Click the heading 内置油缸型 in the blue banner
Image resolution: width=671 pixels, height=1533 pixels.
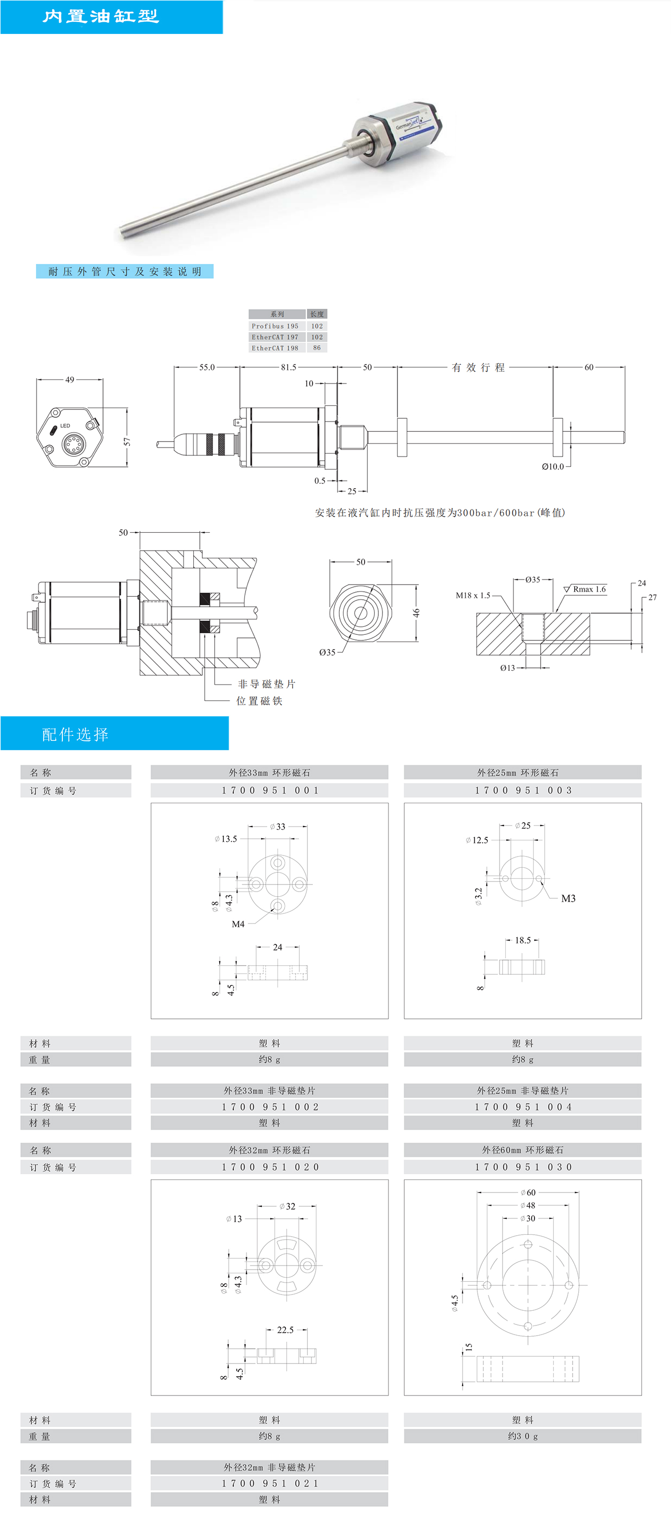click(100, 16)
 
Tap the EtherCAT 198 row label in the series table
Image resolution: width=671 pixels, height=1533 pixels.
click(275, 348)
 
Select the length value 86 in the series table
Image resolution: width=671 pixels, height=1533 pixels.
click(317, 348)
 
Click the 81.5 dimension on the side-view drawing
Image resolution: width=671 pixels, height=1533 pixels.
click(289, 367)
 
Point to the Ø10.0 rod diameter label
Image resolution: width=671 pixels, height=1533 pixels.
click(553, 466)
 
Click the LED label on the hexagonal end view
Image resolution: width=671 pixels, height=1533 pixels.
click(65, 426)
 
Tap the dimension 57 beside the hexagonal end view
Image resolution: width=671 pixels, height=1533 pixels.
click(127, 441)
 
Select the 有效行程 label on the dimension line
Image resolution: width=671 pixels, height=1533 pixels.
click(478, 367)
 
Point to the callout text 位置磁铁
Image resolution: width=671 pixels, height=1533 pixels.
click(259, 701)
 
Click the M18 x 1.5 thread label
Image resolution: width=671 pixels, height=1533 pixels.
click(473, 595)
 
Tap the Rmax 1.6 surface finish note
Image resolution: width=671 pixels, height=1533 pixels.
click(589, 589)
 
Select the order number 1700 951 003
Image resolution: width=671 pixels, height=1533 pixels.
click(523, 790)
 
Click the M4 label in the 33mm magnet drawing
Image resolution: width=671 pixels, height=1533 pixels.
click(238, 924)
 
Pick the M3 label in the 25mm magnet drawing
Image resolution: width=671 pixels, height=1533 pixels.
click(568, 899)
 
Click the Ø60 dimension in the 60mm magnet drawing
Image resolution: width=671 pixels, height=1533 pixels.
click(528, 1193)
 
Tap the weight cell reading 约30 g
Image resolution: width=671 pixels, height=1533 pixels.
click(523, 1436)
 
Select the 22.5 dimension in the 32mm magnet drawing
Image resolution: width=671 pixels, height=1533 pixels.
click(285, 1330)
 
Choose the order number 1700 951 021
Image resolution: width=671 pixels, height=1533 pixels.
click(269, 1484)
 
